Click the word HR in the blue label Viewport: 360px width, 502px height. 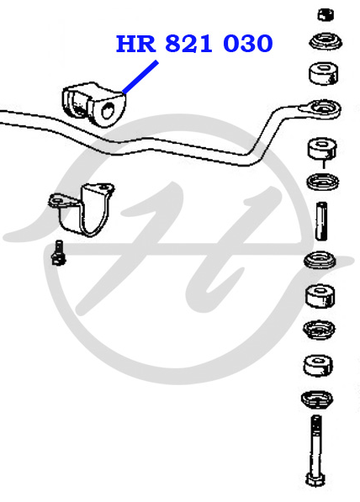click(x=135, y=44)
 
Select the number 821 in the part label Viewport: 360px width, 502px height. click(x=188, y=44)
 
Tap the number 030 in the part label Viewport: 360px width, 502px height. click(x=247, y=44)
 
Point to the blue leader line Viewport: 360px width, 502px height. click(x=140, y=77)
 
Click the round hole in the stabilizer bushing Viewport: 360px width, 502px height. click(x=108, y=111)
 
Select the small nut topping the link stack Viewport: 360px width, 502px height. click(x=326, y=15)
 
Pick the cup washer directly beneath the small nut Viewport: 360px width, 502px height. click(x=326, y=41)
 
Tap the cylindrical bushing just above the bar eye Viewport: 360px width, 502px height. click(x=324, y=74)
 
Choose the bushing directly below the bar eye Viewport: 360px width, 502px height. click(x=322, y=148)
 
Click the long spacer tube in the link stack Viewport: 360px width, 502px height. click(x=321, y=220)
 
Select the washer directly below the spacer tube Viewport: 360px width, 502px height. click(x=320, y=259)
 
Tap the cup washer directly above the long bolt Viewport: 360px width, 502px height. click(x=317, y=400)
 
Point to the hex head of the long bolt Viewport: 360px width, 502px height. click(x=315, y=479)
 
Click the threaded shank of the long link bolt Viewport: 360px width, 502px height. click(x=315, y=444)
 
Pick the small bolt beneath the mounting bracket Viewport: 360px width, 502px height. click(x=58, y=252)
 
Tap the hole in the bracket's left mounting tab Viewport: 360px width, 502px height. click(x=58, y=200)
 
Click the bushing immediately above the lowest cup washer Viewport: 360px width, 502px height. click(x=318, y=365)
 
